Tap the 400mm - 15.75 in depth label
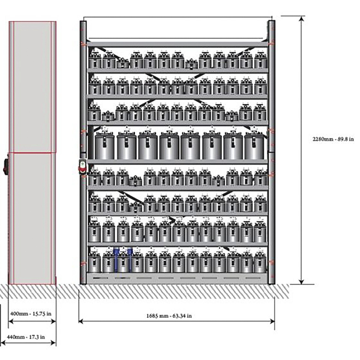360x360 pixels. (x=31, y=314)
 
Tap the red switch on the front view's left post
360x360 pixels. (x=82, y=166)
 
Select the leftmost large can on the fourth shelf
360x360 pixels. (x=105, y=146)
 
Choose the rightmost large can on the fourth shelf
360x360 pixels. (x=254, y=146)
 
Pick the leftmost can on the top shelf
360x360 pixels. (x=95, y=60)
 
